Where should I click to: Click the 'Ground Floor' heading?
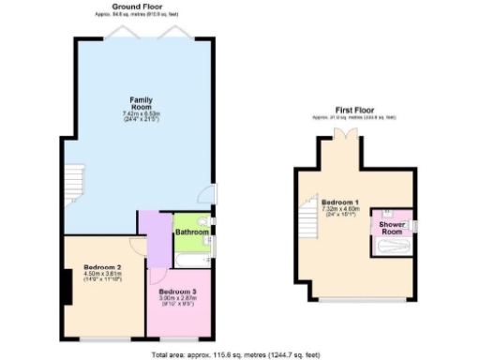tap(141, 6)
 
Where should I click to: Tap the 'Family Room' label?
tap(141, 102)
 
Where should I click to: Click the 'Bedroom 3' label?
tap(178, 291)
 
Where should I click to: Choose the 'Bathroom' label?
tap(191, 232)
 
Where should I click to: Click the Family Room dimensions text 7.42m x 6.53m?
tap(141, 113)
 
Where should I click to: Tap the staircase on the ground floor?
tap(73, 184)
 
